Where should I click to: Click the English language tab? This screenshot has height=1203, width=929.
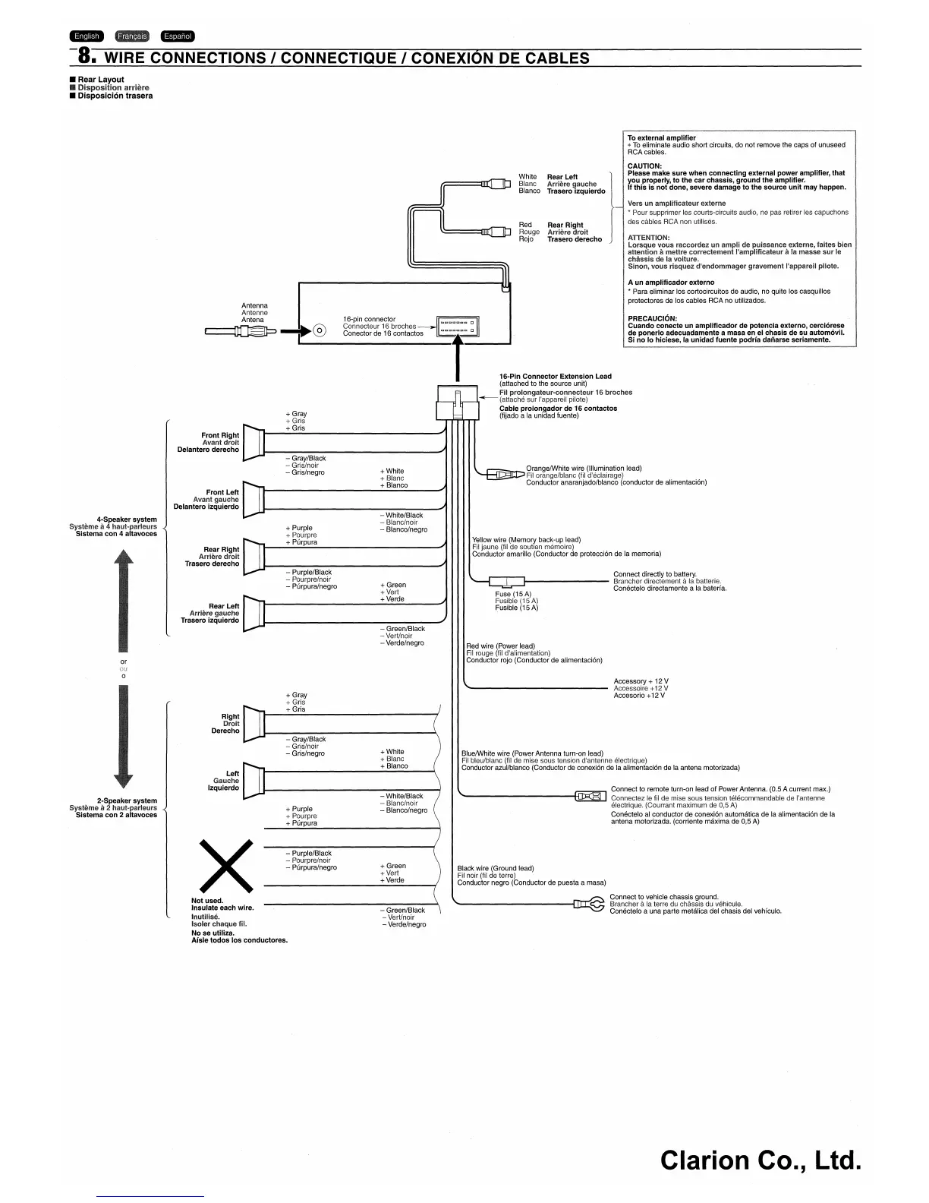[x=86, y=36]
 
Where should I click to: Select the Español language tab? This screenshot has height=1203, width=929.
[x=178, y=36]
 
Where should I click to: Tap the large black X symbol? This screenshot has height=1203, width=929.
[x=225, y=867]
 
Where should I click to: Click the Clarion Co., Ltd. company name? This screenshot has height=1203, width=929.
[x=761, y=1160]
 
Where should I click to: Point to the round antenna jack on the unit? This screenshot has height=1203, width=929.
[x=320, y=330]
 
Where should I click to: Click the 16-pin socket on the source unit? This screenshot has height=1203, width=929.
[x=458, y=327]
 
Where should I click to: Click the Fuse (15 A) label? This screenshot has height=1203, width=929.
[x=513, y=594]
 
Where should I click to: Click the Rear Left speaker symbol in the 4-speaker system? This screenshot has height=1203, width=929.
[x=254, y=612]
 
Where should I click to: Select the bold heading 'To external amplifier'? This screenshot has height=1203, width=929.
[x=661, y=138]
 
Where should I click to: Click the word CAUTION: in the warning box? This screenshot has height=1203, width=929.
[x=644, y=166]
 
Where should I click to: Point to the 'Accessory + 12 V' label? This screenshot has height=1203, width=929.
[x=641, y=681]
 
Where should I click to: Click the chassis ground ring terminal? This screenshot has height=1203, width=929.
[x=588, y=904]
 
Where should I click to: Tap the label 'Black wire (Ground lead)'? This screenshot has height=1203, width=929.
[x=495, y=868]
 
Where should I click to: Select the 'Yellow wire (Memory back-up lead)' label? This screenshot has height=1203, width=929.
[x=526, y=540]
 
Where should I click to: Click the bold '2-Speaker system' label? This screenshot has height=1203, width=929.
[x=127, y=800]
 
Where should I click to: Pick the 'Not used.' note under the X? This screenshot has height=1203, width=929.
[x=207, y=901]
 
